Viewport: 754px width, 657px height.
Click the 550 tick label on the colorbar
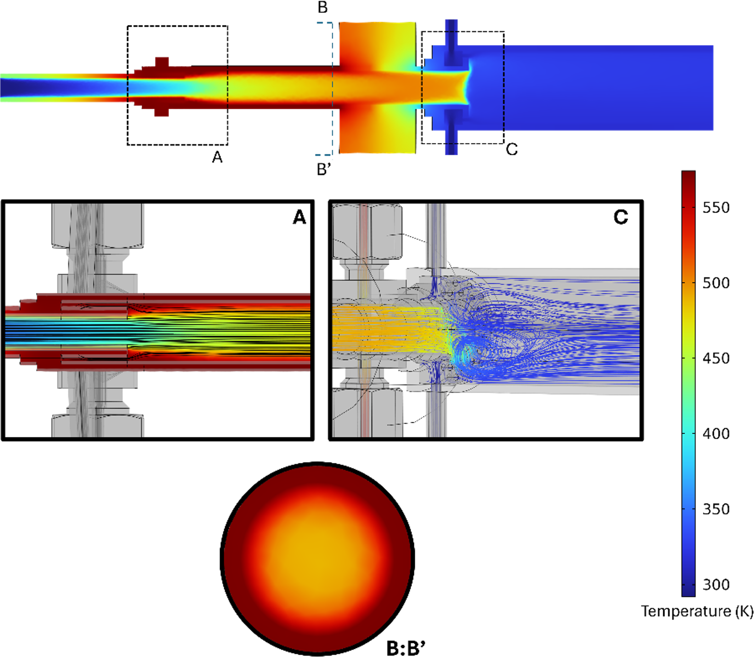(x=716, y=208)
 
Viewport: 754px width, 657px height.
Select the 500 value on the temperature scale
(x=716, y=283)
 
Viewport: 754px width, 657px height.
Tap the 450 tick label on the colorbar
(x=716, y=358)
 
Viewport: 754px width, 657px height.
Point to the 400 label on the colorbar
(x=716, y=434)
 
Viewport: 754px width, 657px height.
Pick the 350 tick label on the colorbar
(x=716, y=509)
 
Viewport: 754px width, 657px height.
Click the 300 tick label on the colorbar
(x=716, y=585)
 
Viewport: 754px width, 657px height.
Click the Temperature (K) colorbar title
(x=697, y=612)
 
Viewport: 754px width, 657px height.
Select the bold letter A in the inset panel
(x=299, y=217)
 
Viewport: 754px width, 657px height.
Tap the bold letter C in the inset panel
(x=621, y=217)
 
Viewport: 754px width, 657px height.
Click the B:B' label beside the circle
(x=406, y=648)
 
